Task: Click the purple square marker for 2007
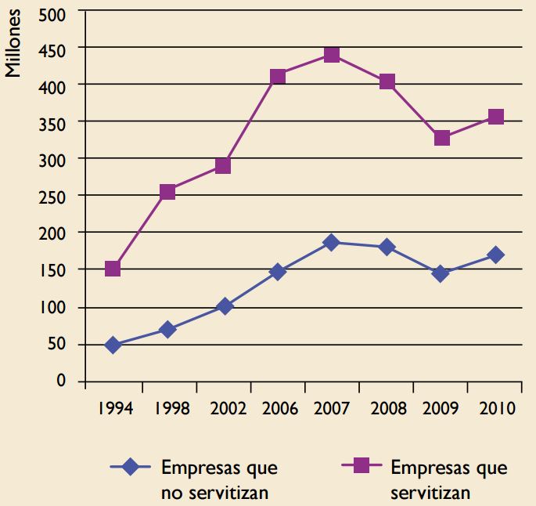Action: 332,55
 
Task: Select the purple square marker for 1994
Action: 113,269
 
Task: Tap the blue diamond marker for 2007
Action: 332,243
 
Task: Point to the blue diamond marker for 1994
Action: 113,345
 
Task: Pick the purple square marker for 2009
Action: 442,138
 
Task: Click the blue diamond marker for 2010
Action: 496,255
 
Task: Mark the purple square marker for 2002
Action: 223,166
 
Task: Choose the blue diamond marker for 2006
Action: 277,272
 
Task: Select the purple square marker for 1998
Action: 167,192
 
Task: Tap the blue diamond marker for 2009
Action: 441,273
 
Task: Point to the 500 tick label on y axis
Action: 60,13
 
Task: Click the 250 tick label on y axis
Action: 60,196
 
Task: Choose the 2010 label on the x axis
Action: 496,410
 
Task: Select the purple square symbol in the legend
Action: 361,467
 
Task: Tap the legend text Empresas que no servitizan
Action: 218,480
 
